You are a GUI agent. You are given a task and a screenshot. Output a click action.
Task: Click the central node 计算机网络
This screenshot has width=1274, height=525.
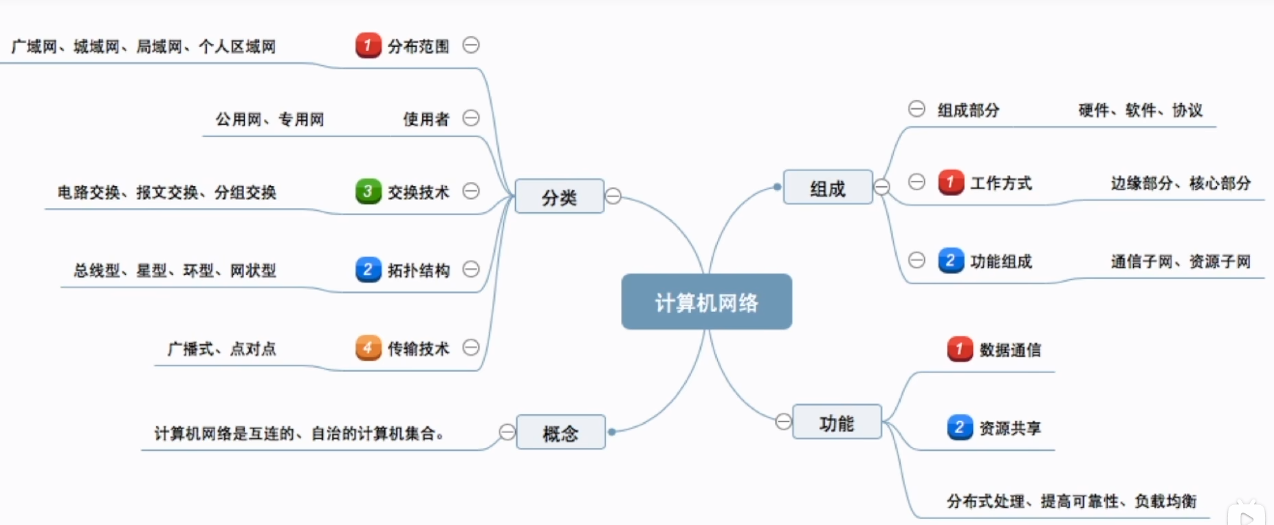coord(706,302)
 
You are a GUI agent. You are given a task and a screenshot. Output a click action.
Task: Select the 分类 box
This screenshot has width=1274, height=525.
coord(559,197)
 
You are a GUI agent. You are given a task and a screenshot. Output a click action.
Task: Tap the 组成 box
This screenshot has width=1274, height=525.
coord(827,188)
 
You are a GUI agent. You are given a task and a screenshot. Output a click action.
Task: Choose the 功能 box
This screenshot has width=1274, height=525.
coord(836,422)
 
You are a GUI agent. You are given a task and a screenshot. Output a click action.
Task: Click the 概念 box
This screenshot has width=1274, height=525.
coord(560,432)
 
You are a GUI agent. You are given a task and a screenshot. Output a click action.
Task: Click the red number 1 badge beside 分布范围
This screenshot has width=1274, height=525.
coord(368,45)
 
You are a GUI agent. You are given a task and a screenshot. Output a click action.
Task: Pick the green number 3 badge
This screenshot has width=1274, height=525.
coord(368,191)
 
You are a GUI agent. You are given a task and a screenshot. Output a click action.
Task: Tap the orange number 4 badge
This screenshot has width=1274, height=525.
coord(368,348)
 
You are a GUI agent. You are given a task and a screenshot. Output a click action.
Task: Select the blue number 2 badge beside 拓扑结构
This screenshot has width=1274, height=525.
coord(368,269)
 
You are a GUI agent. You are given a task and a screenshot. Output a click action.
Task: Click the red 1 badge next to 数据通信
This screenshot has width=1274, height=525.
coord(959,349)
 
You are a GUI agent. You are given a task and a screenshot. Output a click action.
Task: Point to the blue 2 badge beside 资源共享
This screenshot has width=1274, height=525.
coord(959,427)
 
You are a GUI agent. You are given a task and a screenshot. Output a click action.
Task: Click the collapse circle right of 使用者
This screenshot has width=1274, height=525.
coord(471,118)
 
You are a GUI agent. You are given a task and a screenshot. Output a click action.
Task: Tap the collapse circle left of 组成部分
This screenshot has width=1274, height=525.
coord(916,109)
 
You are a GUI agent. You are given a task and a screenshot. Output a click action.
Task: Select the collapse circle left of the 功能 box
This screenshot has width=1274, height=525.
coord(783,421)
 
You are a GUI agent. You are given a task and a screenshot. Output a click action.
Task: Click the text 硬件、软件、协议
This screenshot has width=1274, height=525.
coord(1140,110)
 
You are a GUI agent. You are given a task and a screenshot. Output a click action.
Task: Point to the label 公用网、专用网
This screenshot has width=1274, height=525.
coord(270,120)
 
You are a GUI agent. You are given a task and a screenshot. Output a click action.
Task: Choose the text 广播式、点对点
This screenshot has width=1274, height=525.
coord(221,349)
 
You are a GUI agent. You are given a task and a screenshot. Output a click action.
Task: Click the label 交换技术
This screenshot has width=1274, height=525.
coord(418,192)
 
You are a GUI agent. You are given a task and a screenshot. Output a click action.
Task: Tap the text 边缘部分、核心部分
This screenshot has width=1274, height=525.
coord(1180,183)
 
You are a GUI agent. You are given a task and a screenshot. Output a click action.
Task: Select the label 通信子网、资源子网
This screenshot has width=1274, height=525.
coord(1180,262)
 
